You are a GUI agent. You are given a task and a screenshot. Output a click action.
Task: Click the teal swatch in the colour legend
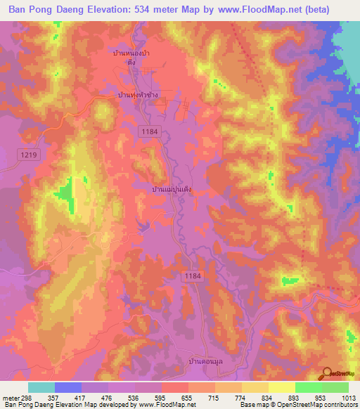pos(41,387)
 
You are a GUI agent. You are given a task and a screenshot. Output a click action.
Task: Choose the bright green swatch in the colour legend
pos(309,387)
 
